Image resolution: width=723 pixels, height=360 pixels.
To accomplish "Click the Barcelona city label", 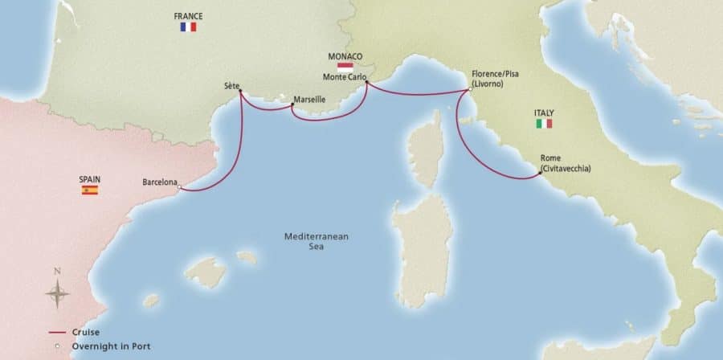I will point(159,182).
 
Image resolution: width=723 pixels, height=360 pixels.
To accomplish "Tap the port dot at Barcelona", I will point(179,189).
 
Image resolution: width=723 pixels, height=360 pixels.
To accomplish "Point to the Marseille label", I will point(309,99).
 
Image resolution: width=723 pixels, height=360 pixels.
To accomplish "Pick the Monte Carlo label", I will point(343,77).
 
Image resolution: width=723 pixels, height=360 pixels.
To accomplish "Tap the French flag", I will point(189,27).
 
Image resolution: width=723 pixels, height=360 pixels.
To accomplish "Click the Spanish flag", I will point(89,190).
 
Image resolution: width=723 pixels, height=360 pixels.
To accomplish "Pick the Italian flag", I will point(544,124).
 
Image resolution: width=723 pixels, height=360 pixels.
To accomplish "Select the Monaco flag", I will point(346,66).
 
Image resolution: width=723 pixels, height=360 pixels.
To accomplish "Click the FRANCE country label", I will point(189,15).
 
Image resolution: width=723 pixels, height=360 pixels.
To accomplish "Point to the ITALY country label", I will point(544,112).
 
